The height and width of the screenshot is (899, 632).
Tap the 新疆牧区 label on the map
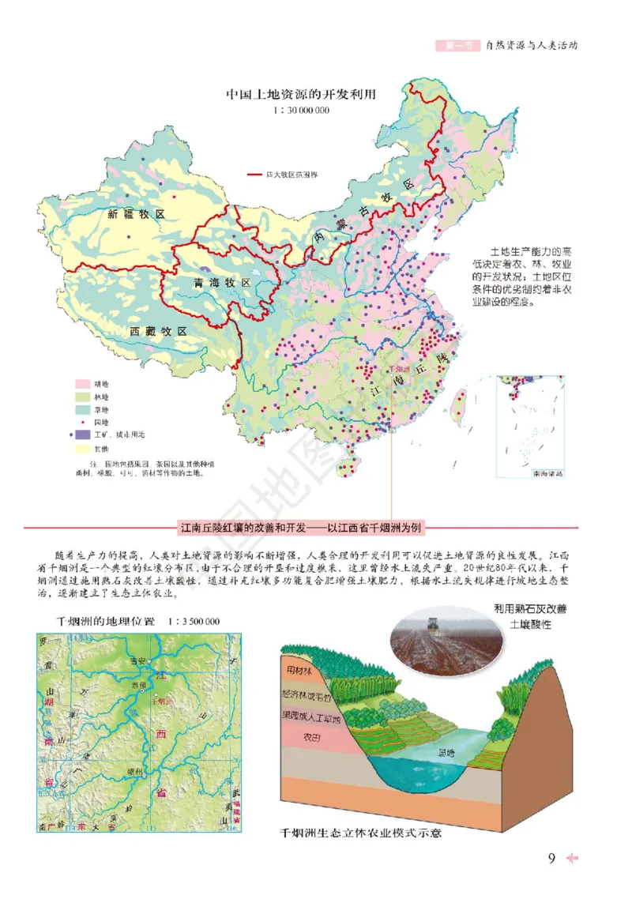pyautogui.click(x=135, y=214)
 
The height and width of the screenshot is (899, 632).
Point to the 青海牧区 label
pyautogui.click(x=221, y=282)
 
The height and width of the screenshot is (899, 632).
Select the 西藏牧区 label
pyautogui.click(x=156, y=331)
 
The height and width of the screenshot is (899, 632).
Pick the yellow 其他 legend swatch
pyautogui.click(x=79, y=448)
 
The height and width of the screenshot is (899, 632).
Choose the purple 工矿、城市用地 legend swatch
pyautogui.click(x=79, y=434)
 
